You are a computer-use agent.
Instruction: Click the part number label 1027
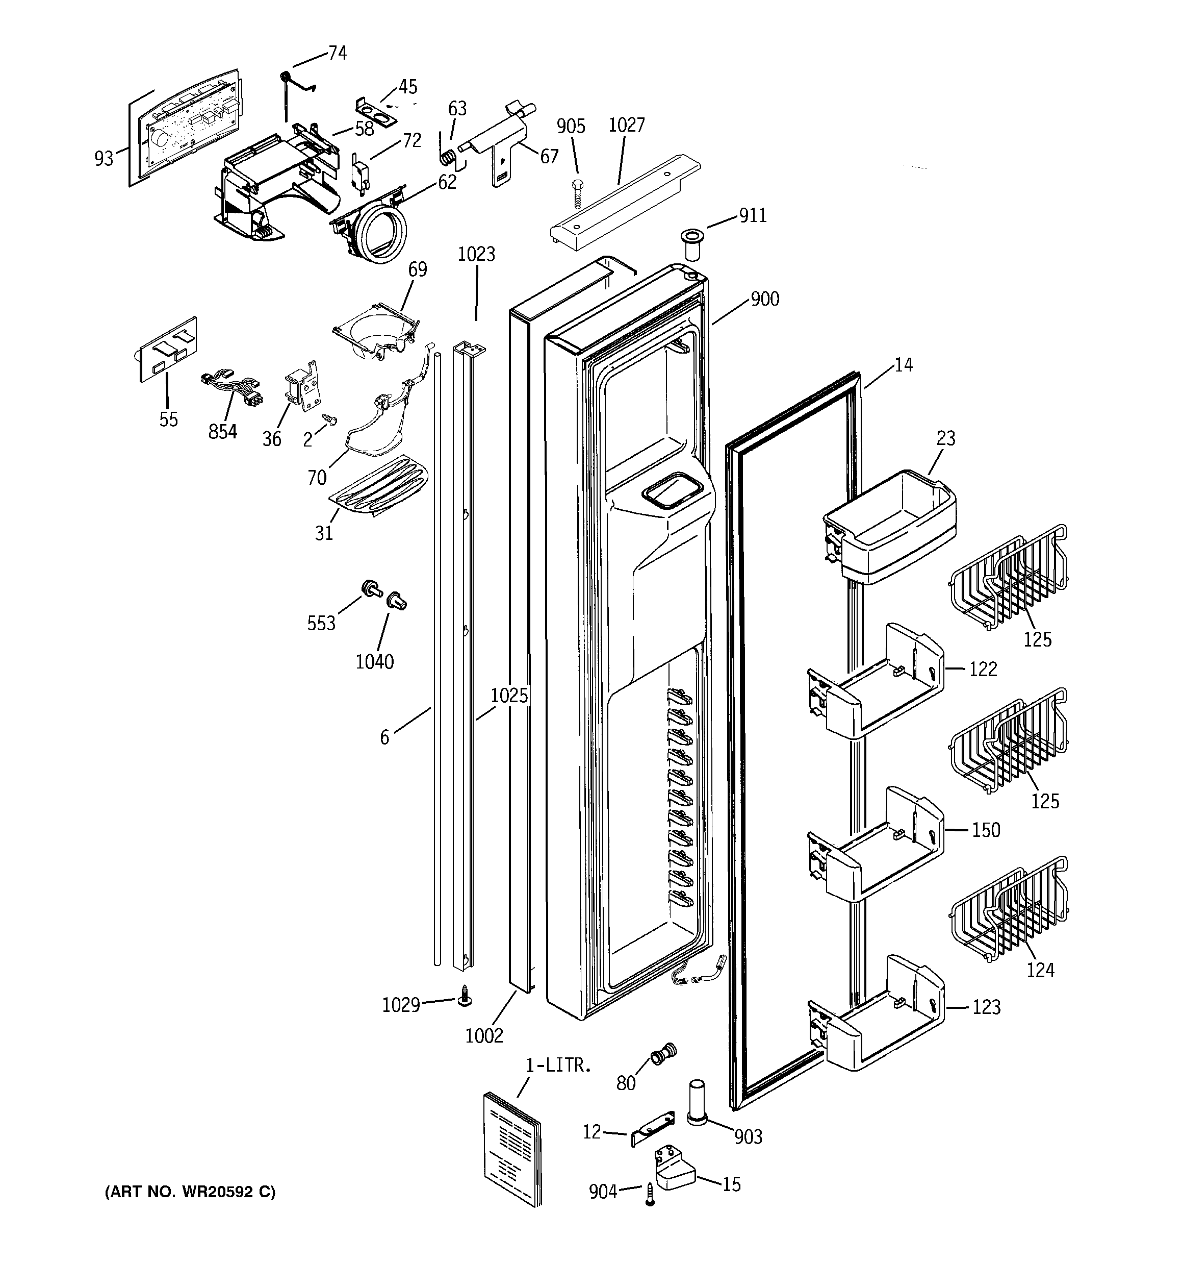626,125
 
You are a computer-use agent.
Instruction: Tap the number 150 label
986,830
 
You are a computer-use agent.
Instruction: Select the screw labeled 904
650,1193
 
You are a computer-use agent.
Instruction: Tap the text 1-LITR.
558,1066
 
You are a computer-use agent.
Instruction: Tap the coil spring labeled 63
448,155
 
